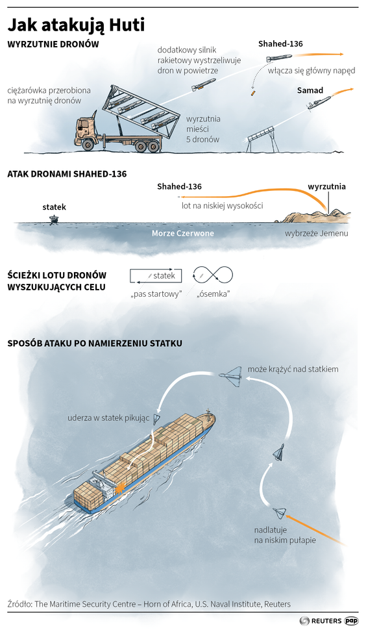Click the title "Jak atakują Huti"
[77, 25]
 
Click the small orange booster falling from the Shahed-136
[252, 94]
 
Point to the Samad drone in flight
[319, 102]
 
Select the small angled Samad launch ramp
[262, 138]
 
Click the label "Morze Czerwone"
[182, 233]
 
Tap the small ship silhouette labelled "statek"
[53, 220]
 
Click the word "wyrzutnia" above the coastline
[326, 187]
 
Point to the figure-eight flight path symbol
[213, 275]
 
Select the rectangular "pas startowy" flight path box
[155, 276]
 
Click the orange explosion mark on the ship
[119, 488]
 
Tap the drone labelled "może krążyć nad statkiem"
[231, 375]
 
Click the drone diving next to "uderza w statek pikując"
[157, 419]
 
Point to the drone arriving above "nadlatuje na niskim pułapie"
[280, 513]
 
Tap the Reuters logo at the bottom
[321, 621]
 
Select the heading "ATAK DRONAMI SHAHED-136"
[67, 174]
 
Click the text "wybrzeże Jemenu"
[317, 233]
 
